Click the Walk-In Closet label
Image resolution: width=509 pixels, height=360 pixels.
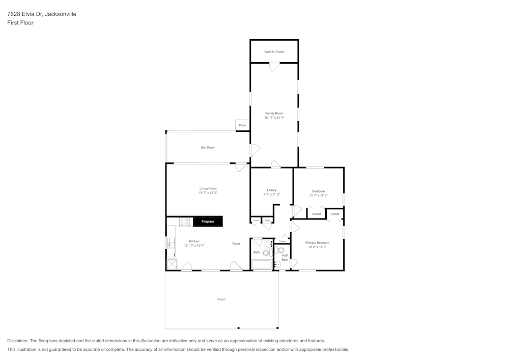274,52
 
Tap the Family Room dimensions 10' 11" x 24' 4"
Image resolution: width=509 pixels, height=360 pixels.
274,118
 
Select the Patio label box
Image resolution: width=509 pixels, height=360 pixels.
242,125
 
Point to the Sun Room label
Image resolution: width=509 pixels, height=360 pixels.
208,148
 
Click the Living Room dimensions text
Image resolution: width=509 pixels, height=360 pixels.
208,193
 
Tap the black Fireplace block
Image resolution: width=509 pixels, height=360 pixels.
208,221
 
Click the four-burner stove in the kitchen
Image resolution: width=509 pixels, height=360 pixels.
184,222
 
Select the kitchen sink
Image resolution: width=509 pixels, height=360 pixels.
170,243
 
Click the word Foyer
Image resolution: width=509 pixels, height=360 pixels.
236,244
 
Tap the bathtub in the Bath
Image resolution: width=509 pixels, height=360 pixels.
263,265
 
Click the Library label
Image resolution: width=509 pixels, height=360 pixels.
272,190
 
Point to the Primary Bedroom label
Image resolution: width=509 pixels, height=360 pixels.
317,243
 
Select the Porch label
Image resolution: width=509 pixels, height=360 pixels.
221,299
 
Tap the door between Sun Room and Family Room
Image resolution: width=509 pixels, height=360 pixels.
253,151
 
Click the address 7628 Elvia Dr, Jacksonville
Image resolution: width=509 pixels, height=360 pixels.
42,14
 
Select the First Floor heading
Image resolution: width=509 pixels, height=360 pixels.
20,23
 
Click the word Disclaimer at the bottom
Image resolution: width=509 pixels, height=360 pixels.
18,341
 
